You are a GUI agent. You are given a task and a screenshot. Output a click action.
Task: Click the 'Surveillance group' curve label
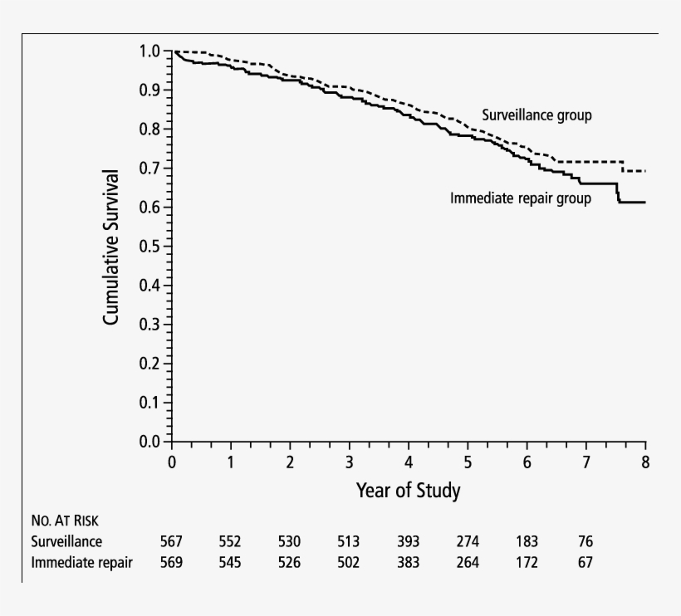click(536, 115)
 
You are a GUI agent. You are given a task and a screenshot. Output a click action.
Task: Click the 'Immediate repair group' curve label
click(520, 198)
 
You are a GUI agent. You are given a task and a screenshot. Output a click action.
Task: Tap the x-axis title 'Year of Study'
click(408, 491)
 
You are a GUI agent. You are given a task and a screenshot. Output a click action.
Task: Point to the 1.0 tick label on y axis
click(150, 51)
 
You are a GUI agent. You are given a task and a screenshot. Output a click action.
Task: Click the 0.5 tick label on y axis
click(150, 247)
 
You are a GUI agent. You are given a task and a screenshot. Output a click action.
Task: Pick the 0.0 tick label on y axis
click(150, 442)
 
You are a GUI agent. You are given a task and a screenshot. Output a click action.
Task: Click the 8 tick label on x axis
click(645, 462)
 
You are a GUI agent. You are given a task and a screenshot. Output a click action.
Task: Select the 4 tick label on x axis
click(408, 462)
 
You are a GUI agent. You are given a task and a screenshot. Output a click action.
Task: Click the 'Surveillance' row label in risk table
click(66, 541)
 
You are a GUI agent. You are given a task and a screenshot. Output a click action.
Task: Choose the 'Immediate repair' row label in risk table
click(81, 562)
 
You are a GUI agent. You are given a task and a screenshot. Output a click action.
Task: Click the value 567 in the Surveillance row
click(171, 541)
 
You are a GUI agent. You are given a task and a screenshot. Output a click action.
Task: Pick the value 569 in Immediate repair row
click(171, 562)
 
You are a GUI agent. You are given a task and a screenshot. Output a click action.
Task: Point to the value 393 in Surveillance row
click(408, 541)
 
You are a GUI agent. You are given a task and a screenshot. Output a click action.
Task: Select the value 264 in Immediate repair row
click(468, 562)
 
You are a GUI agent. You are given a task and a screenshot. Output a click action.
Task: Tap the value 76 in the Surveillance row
click(586, 541)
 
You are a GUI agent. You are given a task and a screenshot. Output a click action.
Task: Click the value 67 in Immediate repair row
click(586, 562)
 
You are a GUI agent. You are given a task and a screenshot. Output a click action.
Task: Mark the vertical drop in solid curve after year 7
click(617, 193)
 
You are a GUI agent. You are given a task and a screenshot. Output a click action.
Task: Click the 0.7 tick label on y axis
click(150, 169)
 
